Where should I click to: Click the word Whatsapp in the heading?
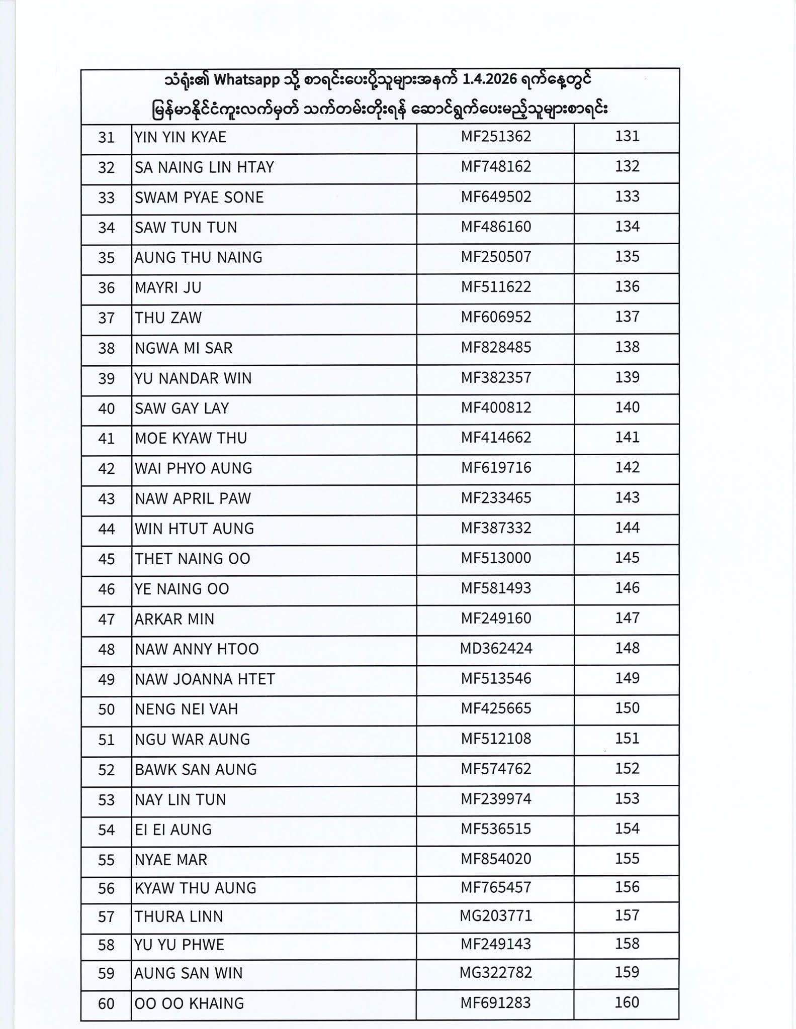click(247, 80)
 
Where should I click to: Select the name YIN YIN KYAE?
click(181, 137)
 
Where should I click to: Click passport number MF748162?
click(496, 167)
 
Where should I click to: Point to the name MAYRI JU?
click(168, 288)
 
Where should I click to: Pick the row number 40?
click(107, 408)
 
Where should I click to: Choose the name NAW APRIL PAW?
click(193, 498)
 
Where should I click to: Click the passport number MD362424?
click(496, 649)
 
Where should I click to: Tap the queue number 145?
click(627, 558)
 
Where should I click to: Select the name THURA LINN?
click(179, 916)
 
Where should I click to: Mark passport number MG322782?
click(496, 972)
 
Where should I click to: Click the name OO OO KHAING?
click(189, 1003)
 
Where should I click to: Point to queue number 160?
click(627, 1002)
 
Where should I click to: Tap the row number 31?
click(107, 137)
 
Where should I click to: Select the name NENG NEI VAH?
click(186, 709)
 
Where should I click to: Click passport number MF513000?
click(496, 558)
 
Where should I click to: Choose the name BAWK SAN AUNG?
click(196, 769)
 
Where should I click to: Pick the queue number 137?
click(627, 317)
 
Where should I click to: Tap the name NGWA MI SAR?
click(184, 348)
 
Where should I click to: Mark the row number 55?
click(107, 860)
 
